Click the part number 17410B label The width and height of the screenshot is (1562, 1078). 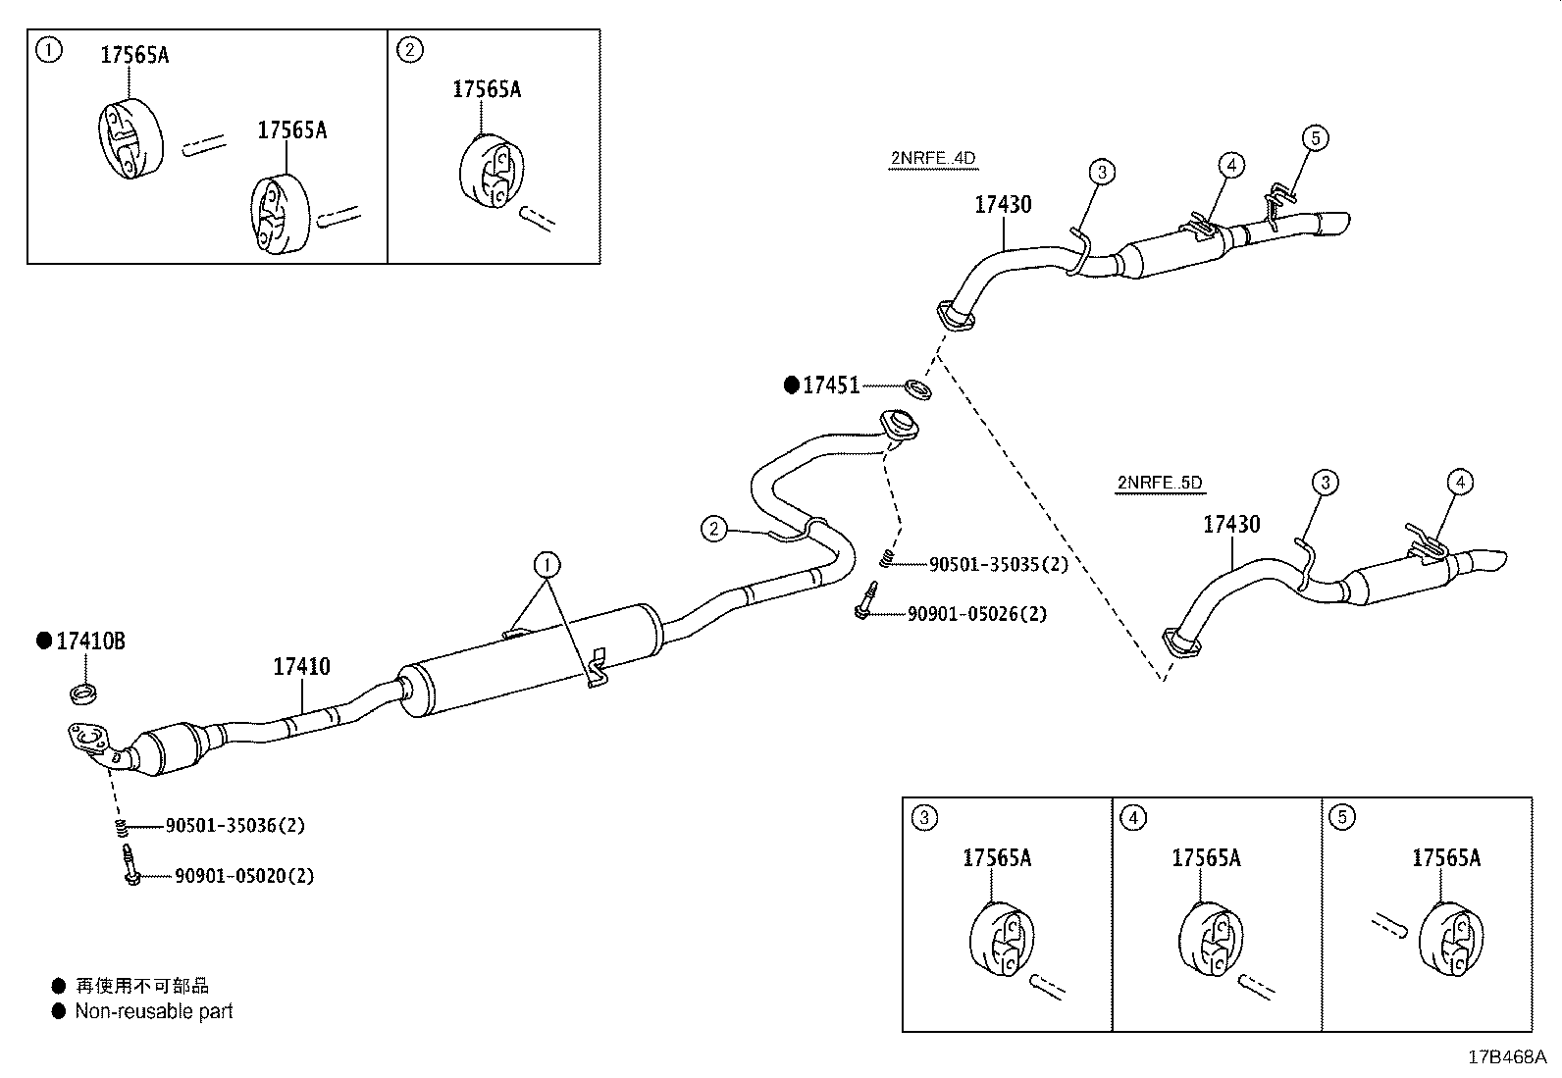tap(90, 642)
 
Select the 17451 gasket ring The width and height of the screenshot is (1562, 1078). tap(917, 388)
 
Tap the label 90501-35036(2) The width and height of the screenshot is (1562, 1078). tap(234, 826)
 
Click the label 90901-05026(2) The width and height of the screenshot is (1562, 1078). tap(976, 614)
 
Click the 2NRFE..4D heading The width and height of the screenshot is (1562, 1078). tap(932, 158)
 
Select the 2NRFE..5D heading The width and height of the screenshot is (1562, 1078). tap(1159, 483)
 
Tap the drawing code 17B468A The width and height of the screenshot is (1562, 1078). tap(1506, 1057)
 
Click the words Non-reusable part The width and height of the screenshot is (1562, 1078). tap(154, 1011)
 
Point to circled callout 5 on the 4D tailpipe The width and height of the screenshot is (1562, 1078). tap(1315, 138)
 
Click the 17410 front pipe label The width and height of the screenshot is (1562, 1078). tap(301, 667)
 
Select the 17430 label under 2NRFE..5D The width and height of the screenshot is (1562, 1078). tap(1231, 525)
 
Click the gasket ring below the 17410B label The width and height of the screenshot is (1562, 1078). tap(85, 693)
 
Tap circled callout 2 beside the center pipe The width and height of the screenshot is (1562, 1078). tap(713, 530)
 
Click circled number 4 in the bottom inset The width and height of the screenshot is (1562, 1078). tap(1132, 817)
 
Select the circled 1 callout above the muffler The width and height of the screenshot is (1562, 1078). tap(547, 564)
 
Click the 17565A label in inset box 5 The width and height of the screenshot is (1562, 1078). tap(1445, 858)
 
